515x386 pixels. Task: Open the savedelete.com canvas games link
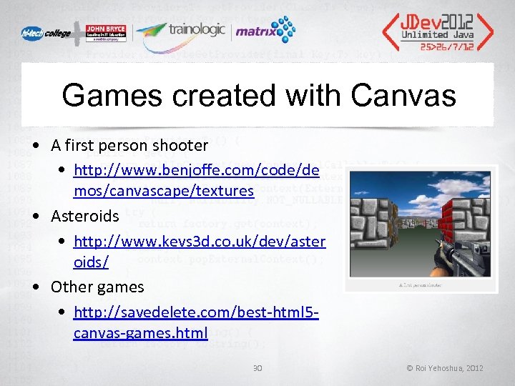coord(195,322)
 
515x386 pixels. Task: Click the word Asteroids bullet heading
coord(84,216)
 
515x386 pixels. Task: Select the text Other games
coord(97,287)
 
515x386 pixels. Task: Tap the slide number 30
coord(258,367)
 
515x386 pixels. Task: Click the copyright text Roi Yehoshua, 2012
coord(444,368)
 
